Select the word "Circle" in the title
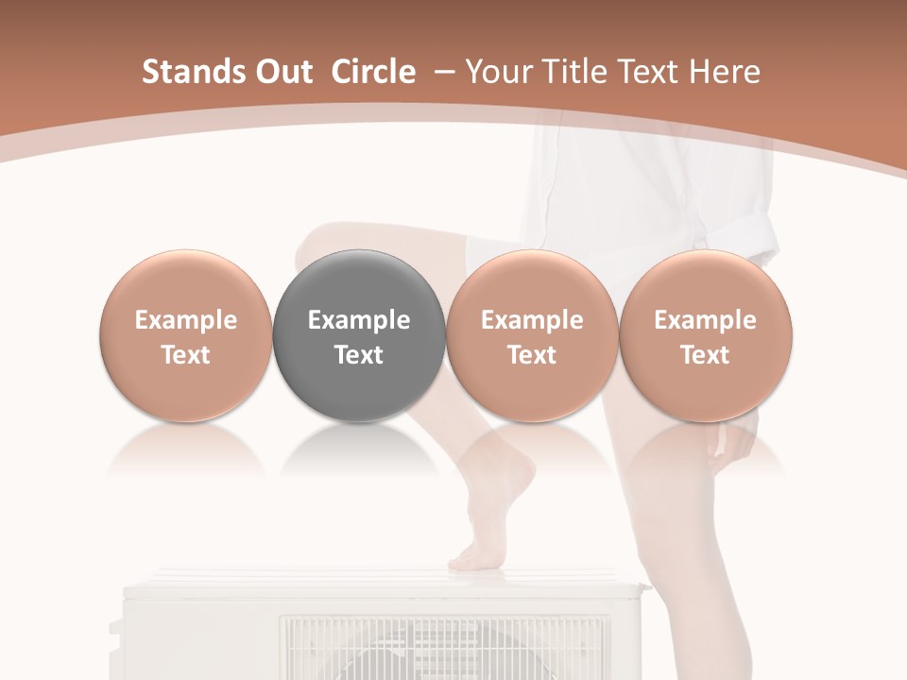373,72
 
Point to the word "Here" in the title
726,72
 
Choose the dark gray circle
359,335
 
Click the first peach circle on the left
186,335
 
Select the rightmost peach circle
706,335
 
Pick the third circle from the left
532,335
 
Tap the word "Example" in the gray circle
359,320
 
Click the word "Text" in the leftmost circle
186,355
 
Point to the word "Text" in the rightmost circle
706,355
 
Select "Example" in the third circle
532,320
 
